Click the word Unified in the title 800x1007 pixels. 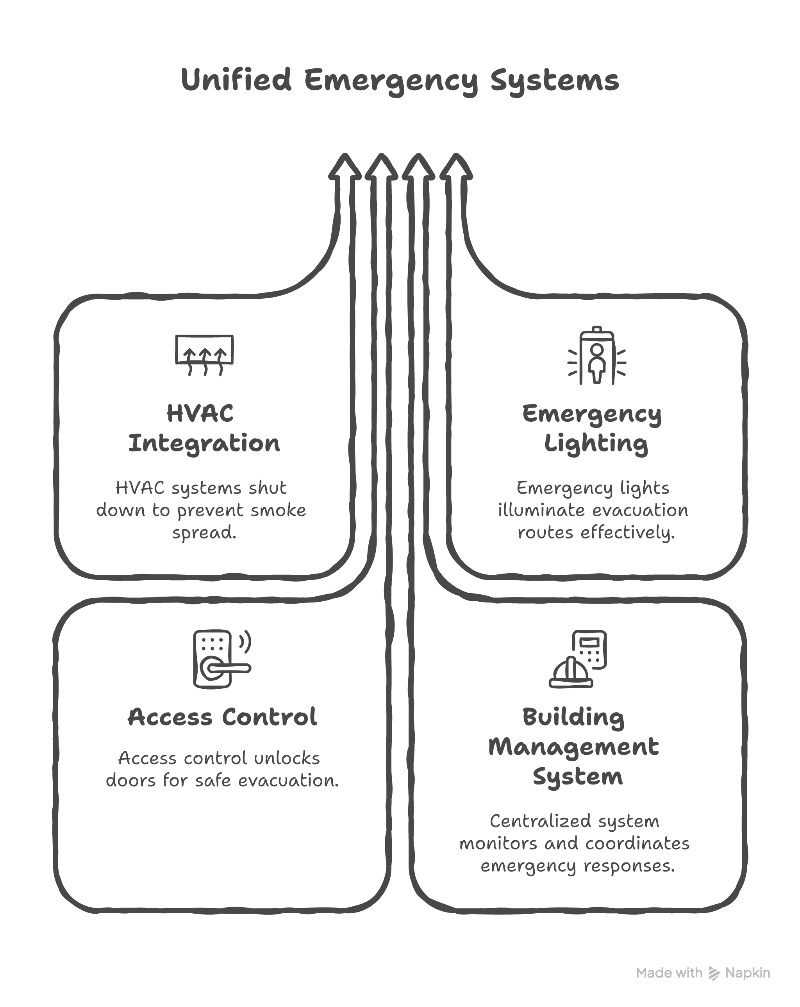tap(236, 80)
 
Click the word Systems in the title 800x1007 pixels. tap(555, 81)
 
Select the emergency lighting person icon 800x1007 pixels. tap(596, 356)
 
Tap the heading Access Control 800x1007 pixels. tap(222, 717)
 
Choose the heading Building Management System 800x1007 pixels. tap(574, 747)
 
